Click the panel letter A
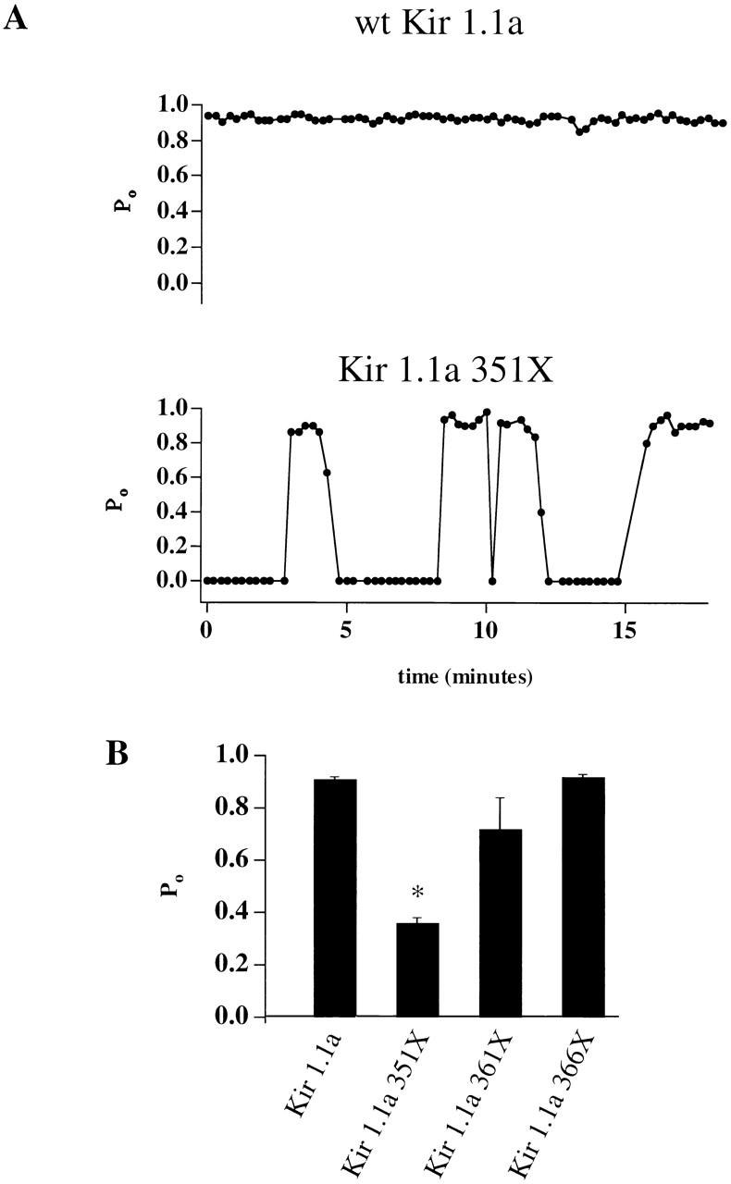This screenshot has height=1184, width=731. pyautogui.click(x=15, y=18)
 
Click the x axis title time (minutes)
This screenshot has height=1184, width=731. pyautogui.click(x=465, y=677)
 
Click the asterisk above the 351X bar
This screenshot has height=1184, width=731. pyautogui.click(x=417, y=892)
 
